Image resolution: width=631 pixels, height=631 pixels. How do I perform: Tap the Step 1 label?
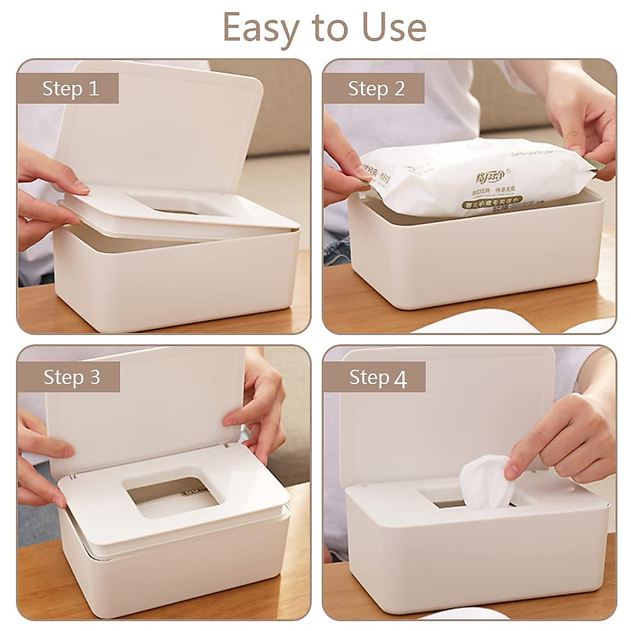pos(70,88)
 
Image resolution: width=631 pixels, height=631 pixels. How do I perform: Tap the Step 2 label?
pos(376,88)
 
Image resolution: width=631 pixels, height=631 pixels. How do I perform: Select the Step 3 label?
pos(72,377)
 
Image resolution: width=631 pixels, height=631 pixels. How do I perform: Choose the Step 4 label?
pos(378,378)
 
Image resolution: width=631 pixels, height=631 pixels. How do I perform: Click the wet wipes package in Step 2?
pos(473,174)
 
